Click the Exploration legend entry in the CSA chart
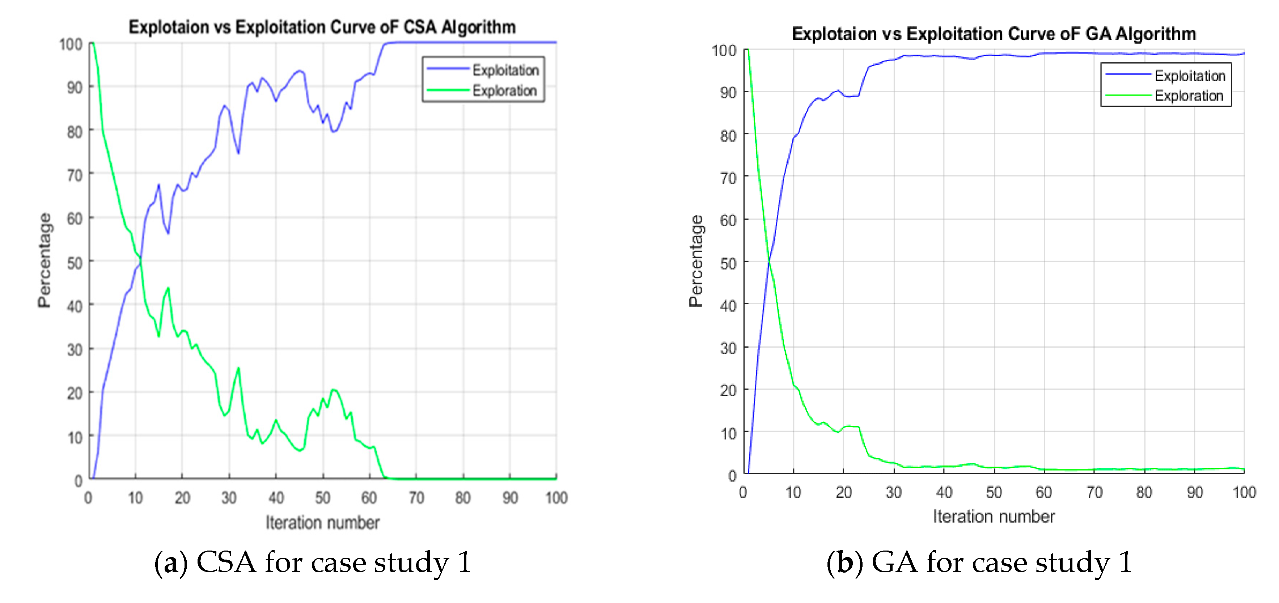(504, 90)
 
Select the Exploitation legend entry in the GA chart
(1190, 76)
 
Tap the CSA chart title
(322, 27)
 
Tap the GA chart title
(994, 34)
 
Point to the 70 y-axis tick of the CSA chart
(75, 175)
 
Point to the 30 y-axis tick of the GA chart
(728, 348)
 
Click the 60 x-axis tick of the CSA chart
(369, 497)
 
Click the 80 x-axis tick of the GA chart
(1144, 492)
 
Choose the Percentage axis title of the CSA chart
(45, 260)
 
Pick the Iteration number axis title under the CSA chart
(322, 523)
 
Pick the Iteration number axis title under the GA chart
(994, 517)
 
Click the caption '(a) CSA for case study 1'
(313, 562)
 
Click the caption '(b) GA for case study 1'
(979, 562)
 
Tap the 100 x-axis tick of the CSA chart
(556, 497)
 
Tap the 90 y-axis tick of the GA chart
(728, 93)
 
